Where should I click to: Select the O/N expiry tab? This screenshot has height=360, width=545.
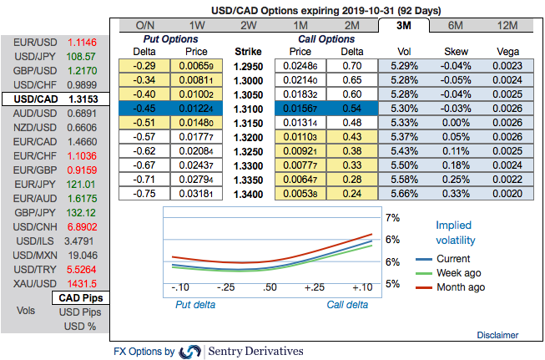pos(144,26)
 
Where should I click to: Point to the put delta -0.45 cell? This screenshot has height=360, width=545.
pos(145,108)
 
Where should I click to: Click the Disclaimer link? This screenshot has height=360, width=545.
pos(497,335)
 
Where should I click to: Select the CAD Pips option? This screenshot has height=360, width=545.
pos(79,298)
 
